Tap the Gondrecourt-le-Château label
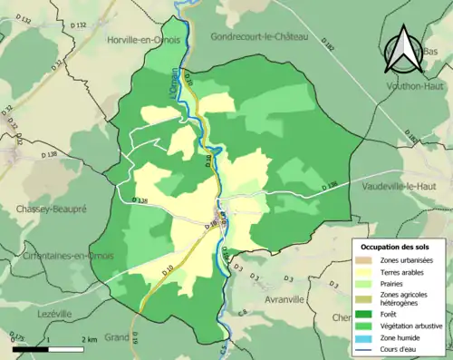pyautogui.click(x=259, y=37)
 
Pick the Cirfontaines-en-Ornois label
pyautogui.click(x=60, y=255)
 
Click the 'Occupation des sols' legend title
pyautogui.click(x=395, y=247)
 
